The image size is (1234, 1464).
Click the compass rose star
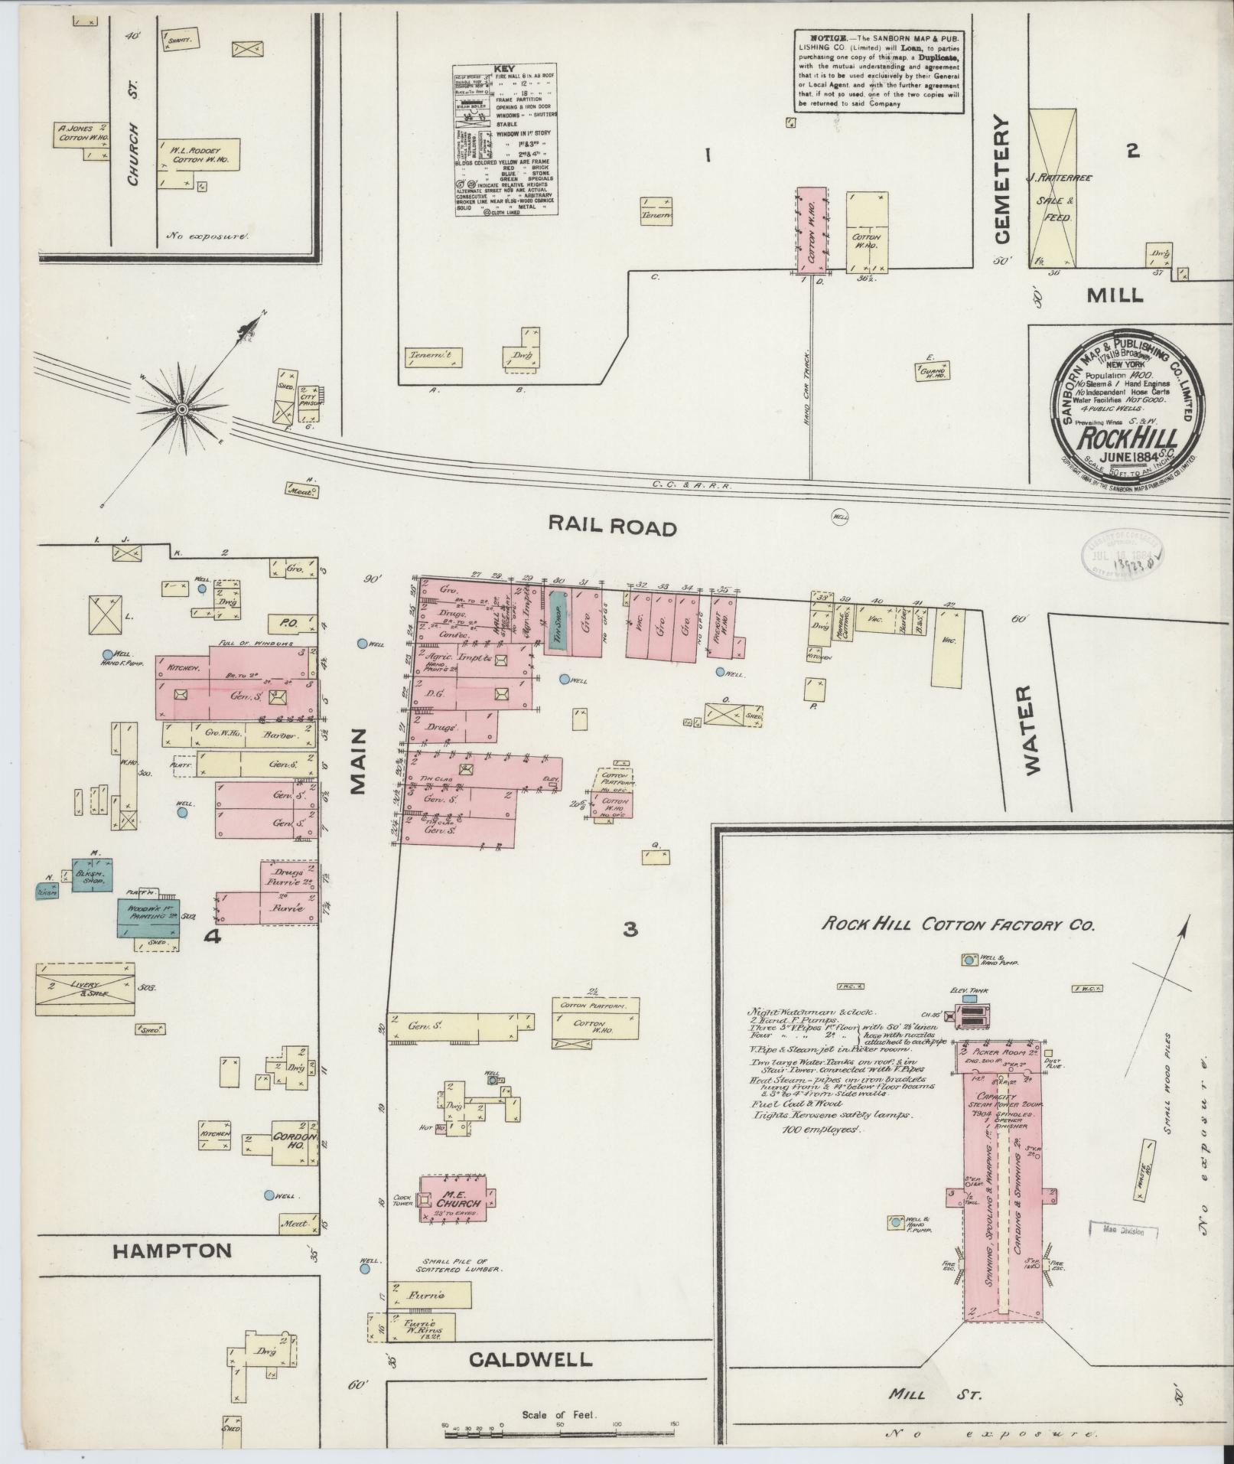coord(182,411)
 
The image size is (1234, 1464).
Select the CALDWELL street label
coord(530,1360)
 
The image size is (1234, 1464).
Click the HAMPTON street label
coord(172,1250)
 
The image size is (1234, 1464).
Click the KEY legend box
coord(505,140)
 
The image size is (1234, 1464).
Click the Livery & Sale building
coord(85,988)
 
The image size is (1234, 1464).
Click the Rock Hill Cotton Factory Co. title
coord(959,924)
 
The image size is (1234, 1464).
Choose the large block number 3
coord(630,929)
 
